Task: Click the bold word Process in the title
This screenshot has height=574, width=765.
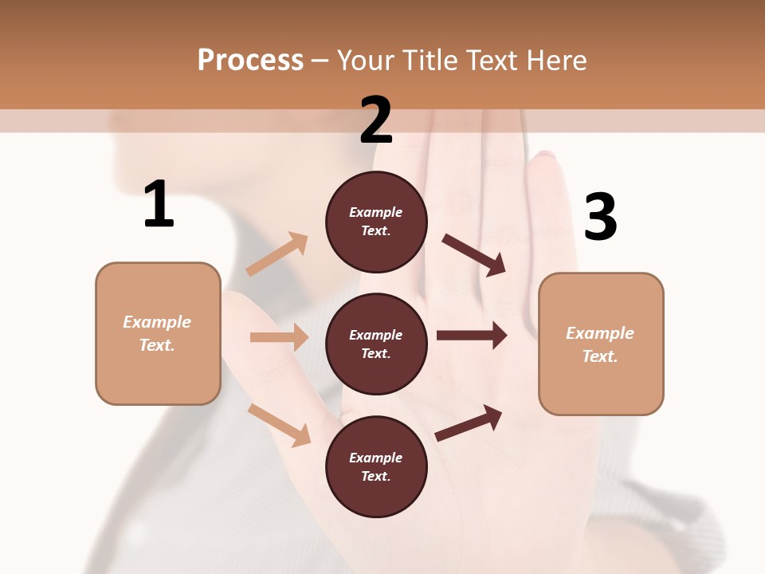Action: (x=250, y=61)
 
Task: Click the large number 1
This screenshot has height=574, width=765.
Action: (x=159, y=204)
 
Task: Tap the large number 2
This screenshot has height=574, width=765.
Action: (x=376, y=120)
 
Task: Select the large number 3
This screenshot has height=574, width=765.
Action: (x=600, y=217)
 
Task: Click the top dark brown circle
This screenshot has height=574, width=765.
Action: (x=376, y=222)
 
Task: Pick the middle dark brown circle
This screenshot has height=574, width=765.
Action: (x=376, y=344)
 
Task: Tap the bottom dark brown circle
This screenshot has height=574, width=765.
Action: (x=376, y=466)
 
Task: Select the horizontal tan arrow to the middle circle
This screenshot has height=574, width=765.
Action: (x=279, y=337)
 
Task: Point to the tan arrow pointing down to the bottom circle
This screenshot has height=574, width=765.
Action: (x=279, y=424)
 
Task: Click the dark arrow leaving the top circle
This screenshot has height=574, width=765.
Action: (x=474, y=255)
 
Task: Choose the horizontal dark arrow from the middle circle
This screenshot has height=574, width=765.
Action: (x=472, y=336)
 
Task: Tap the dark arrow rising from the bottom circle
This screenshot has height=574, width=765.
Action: (x=469, y=423)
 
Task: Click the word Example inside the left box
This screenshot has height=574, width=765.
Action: (x=157, y=322)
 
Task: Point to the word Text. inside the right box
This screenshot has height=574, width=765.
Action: (x=600, y=356)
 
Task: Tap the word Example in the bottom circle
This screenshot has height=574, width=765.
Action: (x=376, y=458)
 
